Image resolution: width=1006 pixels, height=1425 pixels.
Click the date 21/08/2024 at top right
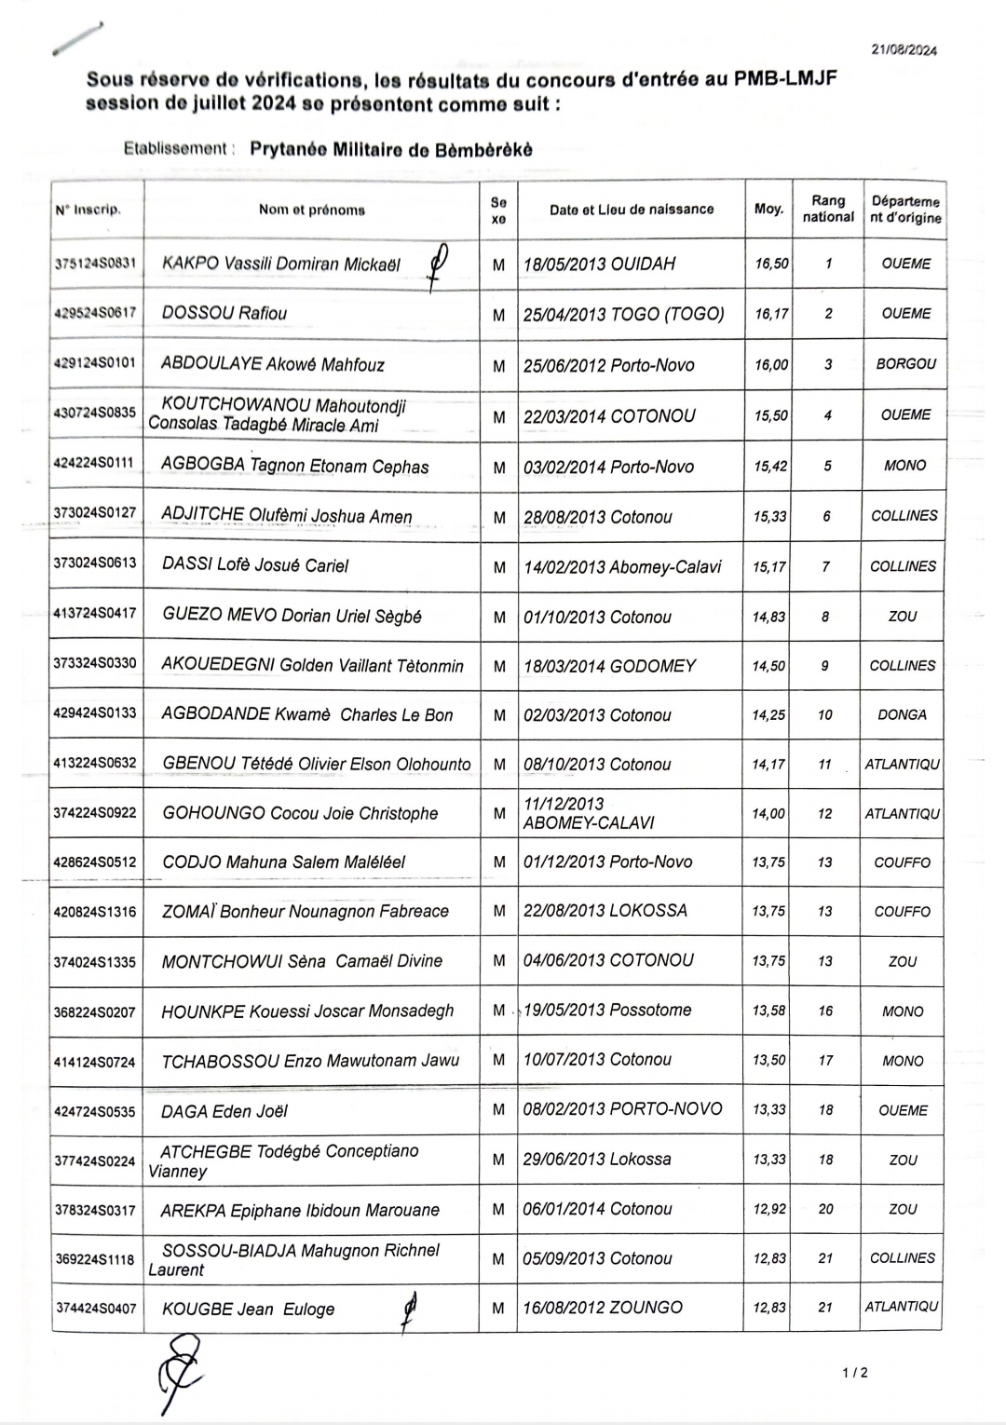pyautogui.click(x=904, y=50)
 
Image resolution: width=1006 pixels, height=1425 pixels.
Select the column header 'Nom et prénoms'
pyautogui.click(x=311, y=210)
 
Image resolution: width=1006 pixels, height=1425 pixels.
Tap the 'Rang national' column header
pyautogui.click(x=827, y=209)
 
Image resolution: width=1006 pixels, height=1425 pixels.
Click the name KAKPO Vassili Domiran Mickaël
pyautogui.click(x=280, y=265)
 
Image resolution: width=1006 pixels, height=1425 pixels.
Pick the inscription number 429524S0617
pyautogui.click(x=95, y=314)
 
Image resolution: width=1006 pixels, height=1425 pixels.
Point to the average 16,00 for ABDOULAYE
pyautogui.click(x=769, y=365)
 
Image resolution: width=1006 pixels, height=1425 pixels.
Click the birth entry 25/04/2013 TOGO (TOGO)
pyautogui.click(x=623, y=314)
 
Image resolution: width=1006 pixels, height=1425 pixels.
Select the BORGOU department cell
pyautogui.click(x=904, y=364)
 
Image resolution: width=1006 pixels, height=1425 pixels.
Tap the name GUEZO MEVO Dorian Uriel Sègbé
pyautogui.click(x=292, y=617)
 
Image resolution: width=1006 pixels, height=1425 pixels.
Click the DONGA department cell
pyautogui.click(x=902, y=715)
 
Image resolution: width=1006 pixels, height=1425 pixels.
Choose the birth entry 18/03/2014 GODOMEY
pyautogui.click(x=609, y=666)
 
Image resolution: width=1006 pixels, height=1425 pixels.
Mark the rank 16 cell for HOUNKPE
pyautogui.click(x=825, y=1011)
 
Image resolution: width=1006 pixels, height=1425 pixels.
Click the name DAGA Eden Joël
pyautogui.click(x=224, y=1111)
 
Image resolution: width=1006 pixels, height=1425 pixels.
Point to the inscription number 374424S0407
pyautogui.click(x=95, y=1309)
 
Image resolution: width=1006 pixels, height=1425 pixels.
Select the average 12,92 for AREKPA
pyautogui.click(x=769, y=1209)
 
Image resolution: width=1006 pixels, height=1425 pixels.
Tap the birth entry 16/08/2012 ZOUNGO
pyautogui.click(x=603, y=1308)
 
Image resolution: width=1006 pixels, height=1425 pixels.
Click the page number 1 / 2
pyautogui.click(x=854, y=1372)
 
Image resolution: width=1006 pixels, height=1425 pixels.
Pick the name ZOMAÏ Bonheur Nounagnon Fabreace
pyautogui.click(x=306, y=912)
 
